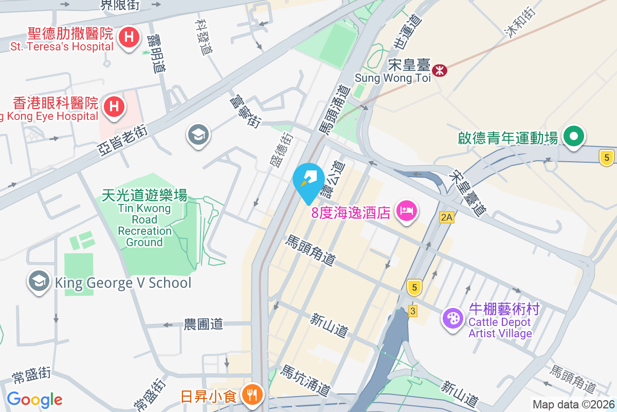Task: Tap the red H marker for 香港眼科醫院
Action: (x=114, y=107)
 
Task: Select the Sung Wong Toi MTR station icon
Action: (x=440, y=70)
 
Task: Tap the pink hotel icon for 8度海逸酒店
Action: (x=407, y=211)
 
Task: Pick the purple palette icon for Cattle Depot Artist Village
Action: (x=453, y=318)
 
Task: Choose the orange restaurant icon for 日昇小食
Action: (x=251, y=396)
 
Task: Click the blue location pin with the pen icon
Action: (x=308, y=179)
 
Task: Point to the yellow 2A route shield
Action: (x=447, y=217)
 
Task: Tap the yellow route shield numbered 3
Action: (x=412, y=311)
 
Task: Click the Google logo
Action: (x=34, y=400)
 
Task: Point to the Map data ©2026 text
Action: (x=573, y=404)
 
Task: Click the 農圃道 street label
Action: (x=204, y=324)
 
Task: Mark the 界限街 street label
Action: (x=120, y=5)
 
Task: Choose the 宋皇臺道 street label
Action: (x=466, y=193)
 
